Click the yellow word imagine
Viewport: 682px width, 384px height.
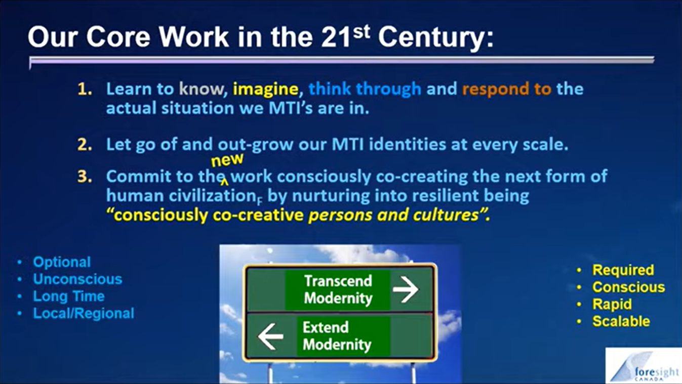(x=265, y=90)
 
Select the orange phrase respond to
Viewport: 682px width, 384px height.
(x=507, y=89)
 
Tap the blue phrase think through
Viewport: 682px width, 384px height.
(x=365, y=89)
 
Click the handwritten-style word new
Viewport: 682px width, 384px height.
(x=227, y=159)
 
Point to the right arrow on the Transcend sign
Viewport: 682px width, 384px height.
(x=406, y=289)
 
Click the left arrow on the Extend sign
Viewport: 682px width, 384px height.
(x=270, y=336)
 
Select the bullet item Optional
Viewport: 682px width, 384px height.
(x=62, y=262)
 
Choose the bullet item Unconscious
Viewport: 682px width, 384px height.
(x=77, y=279)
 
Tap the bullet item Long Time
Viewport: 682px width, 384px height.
(x=69, y=296)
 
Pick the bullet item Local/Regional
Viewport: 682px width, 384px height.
(x=84, y=313)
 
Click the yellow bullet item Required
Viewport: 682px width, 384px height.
(x=623, y=270)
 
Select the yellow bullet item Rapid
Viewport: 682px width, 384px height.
(x=612, y=304)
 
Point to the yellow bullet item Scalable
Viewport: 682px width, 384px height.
(x=621, y=321)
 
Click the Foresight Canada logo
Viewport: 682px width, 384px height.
(x=644, y=365)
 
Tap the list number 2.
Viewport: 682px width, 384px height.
(x=85, y=145)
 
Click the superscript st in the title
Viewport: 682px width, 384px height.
(x=361, y=32)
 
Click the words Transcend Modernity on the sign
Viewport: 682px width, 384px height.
(x=338, y=289)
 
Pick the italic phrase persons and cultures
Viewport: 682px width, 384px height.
(x=393, y=215)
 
